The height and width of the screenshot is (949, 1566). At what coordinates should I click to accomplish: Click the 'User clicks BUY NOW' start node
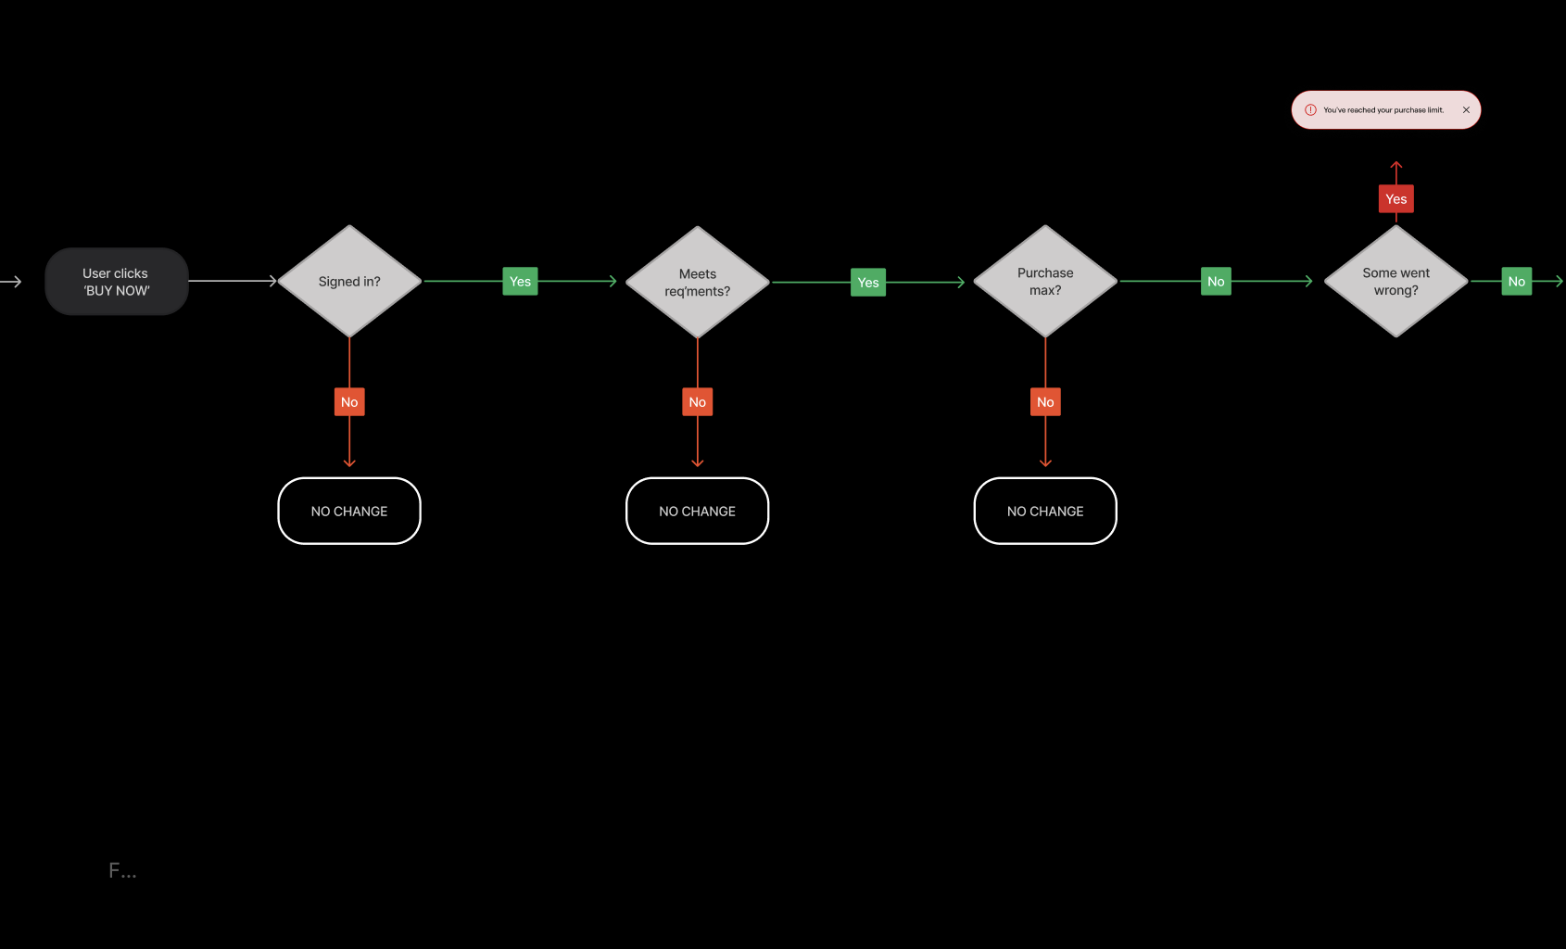(117, 282)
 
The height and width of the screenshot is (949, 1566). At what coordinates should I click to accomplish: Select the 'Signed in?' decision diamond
(349, 282)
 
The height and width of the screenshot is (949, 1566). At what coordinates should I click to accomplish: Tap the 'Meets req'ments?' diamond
(698, 283)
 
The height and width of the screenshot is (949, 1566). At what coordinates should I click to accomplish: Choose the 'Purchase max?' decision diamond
(1045, 282)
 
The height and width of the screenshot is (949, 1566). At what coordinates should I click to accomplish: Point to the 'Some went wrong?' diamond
(1396, 282)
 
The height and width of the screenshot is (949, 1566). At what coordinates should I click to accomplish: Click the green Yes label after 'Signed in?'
(520, 282)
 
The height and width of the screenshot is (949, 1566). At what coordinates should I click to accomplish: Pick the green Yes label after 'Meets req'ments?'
(868, 283)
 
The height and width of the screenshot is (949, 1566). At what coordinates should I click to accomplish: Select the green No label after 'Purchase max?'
(1216, 282)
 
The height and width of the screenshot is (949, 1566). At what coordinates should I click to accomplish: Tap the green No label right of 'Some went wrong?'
(1516, 282)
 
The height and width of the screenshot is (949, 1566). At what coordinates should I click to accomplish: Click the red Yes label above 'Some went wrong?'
(1396, 199)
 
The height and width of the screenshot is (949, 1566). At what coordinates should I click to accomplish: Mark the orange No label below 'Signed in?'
(349, 402)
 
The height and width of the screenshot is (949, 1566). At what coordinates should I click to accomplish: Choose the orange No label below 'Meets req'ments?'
(698, 402)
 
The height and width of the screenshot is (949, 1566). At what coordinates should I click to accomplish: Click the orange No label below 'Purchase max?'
(1045, 402)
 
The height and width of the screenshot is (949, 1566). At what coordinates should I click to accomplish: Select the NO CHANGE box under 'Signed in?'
(349, 512)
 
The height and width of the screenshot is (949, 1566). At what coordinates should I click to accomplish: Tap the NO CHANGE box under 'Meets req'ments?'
(698, 512)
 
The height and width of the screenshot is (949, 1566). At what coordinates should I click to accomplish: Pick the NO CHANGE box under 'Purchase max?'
(1045, 512)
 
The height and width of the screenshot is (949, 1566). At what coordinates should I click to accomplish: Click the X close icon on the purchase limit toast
(1466, 110)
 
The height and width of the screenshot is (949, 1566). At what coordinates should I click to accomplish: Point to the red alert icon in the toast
(1310, 110)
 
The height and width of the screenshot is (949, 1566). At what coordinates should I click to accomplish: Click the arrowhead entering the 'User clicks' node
(16, 282)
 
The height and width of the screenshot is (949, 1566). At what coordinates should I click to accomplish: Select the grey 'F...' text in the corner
(122, 870)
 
